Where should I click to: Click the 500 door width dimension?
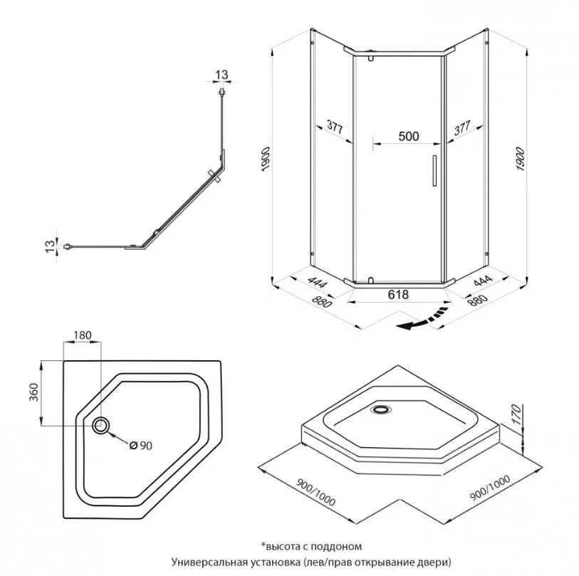(x=408, y=137)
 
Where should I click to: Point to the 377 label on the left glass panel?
(x=335, y=129)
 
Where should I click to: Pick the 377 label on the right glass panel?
(x=462, y=129)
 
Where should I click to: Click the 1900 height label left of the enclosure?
(x=266, y=158)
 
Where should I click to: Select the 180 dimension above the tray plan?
(x=83, y=335)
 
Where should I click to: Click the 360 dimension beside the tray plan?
(x=33, y=392)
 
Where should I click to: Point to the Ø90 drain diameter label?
(x=142, y=446)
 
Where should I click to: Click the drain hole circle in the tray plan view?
(x=100, y=425)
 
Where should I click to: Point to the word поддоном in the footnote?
(x=339, y=546)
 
